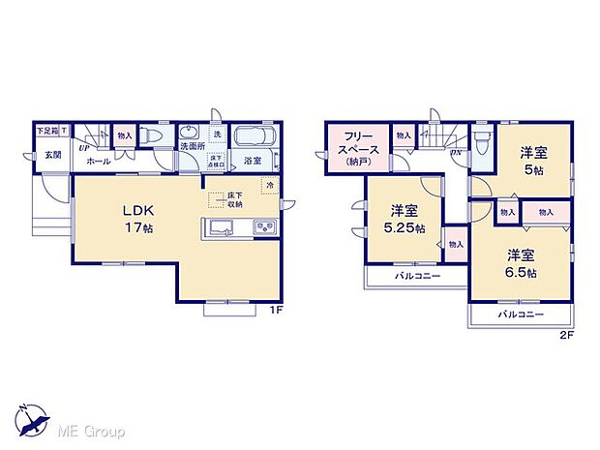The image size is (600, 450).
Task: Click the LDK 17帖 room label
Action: point(136,219)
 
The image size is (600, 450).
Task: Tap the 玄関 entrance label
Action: point(50,155)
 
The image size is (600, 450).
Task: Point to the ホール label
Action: point(97,161)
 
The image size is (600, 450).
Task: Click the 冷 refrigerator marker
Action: point(270,185)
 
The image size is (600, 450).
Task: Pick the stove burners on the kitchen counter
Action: point(264,228)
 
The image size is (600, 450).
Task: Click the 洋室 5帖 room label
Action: point(533,159)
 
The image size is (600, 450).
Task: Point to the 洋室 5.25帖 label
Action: point(405,219)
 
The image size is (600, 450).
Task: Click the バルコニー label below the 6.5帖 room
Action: point(521,315)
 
